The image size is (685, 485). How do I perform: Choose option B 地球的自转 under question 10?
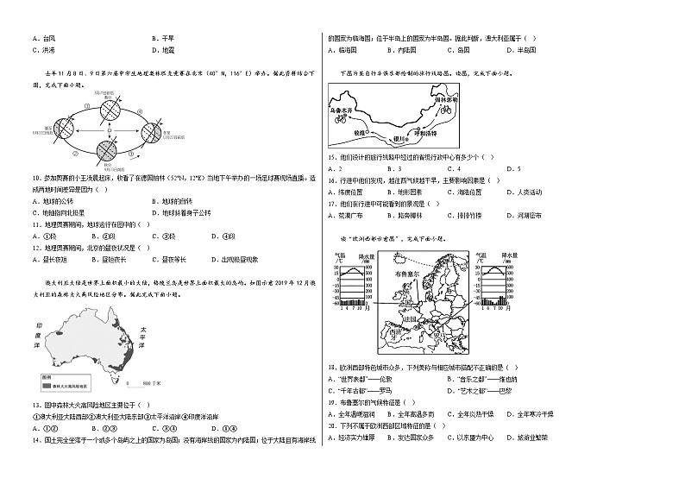(169, 201)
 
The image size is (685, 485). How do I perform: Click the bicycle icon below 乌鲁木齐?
(342, 121)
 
